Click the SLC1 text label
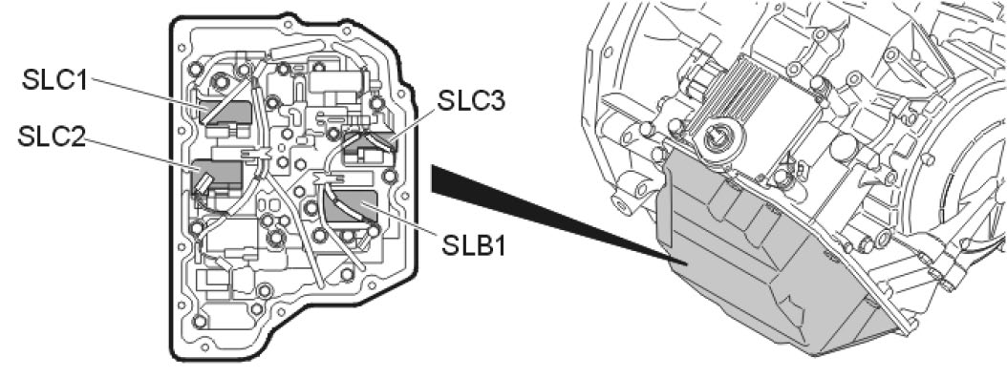(x=54, y=80)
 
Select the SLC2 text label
(x=52, y=136)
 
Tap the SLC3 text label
(x=471, y=101)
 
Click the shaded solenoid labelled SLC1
(x=225, y=113)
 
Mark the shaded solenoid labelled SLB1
(x=349, y=206)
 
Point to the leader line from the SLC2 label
(x=141, y=154)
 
